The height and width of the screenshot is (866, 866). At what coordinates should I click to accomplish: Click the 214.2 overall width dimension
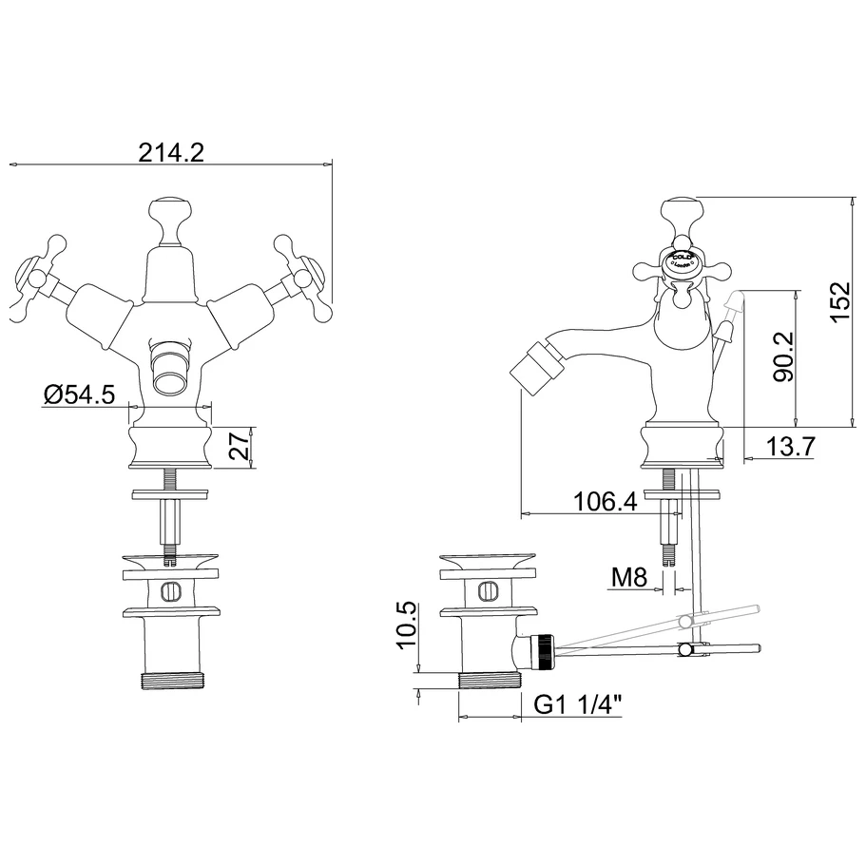(x=172, y=152)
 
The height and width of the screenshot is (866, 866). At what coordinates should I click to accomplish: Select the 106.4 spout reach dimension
(x=606, y=501)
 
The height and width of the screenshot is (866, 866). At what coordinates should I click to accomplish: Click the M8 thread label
(x=628, y=576)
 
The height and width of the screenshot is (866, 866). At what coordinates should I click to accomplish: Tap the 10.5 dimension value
(x=408, y=625)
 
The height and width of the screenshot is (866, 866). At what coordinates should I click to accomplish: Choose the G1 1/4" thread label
(x=579, y=705)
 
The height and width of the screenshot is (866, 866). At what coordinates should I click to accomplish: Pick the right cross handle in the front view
(x=303, y=273)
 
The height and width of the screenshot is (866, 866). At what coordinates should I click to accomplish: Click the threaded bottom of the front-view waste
(x=171, y=682)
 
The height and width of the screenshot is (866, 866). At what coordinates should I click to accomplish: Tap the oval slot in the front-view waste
(x=171, y=590)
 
